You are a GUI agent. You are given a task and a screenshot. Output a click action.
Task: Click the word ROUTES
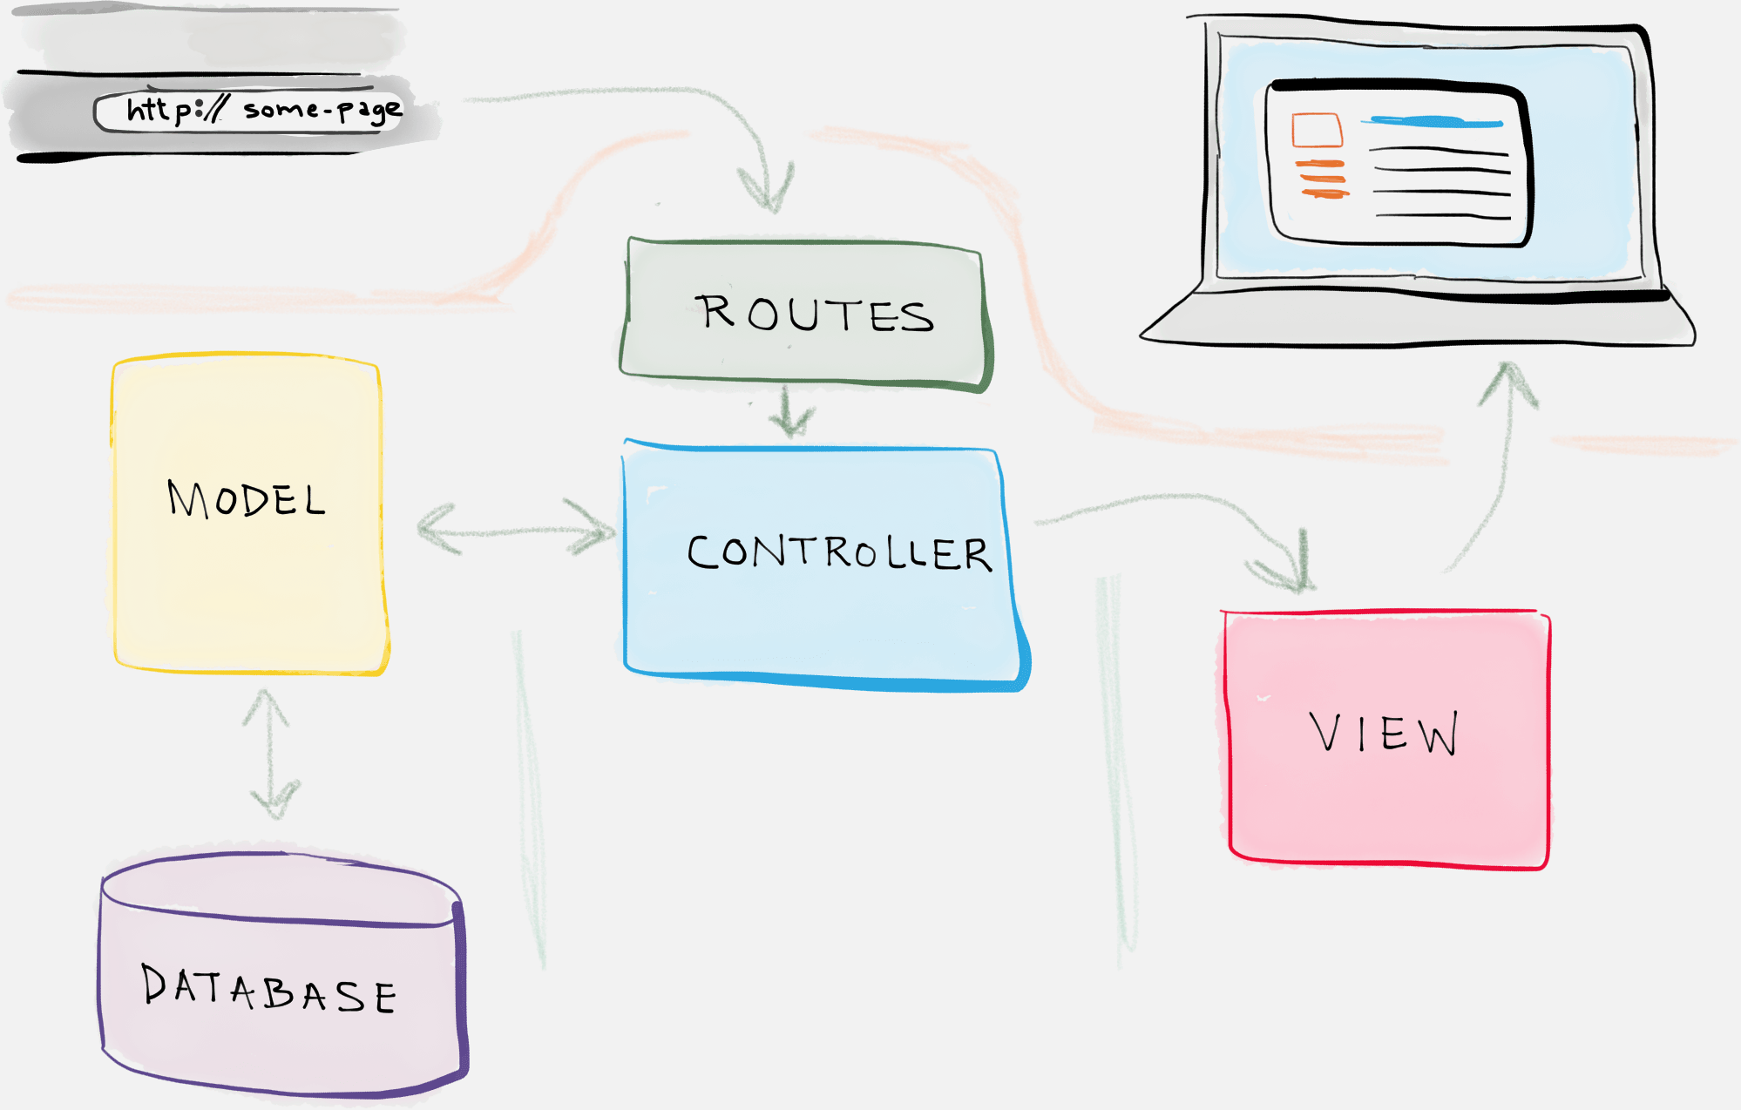click(x=815, y=314)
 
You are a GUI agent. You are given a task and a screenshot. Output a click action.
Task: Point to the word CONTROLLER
click(x=839, y=552)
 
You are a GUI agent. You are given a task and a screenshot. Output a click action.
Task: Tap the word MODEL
click(x=247, y=499)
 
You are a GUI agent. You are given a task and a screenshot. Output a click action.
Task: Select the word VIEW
click(x=1384, y=733)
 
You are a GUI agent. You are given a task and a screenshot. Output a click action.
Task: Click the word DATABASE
click(x=268, y=990)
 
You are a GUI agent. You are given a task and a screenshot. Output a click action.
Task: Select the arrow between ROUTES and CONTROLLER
click(x=790, y=413)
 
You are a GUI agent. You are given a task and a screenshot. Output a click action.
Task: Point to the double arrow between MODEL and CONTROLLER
click(x=516, y=529)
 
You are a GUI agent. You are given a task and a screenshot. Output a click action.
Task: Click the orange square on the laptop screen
click(x=1317, y=130)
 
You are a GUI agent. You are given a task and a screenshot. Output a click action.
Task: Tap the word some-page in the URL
click(x=322, y=110)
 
